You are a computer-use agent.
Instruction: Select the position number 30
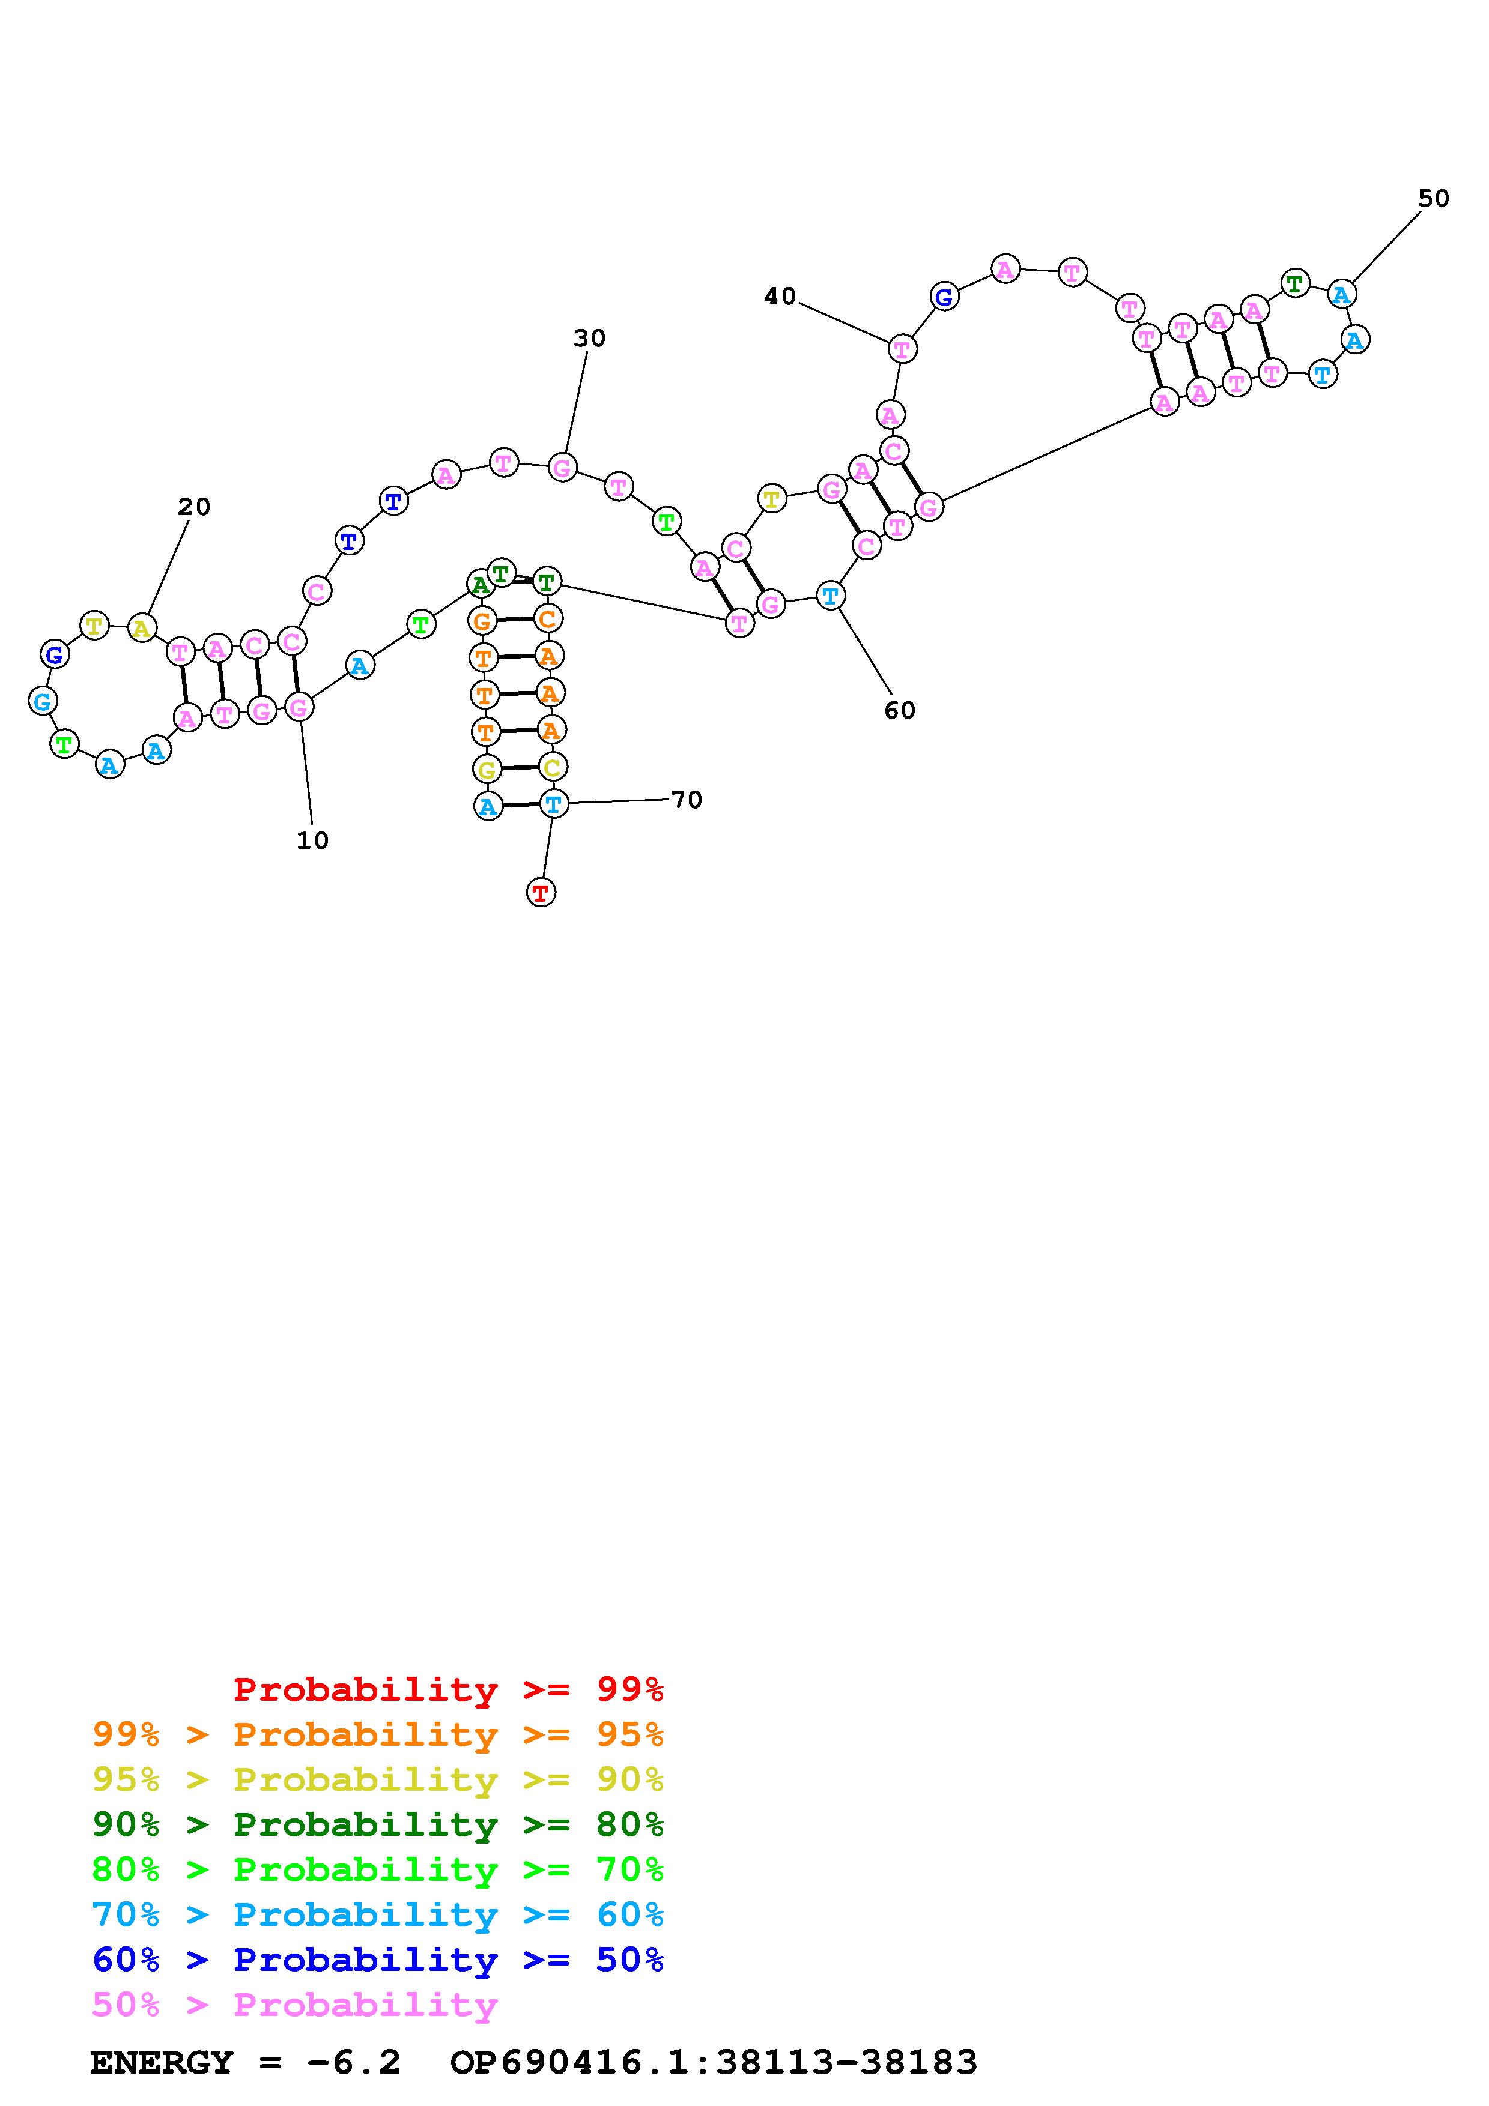point(589,339)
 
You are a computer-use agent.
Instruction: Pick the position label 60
point(899,710)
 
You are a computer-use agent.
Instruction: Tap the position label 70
point(687,800)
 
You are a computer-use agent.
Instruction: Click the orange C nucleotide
point(548,618)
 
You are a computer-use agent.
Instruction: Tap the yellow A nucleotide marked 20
point(141,629)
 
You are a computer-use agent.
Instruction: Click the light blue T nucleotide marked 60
point(830,596)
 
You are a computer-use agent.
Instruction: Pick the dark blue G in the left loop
point(55,655)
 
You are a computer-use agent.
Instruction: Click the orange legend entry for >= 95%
point(378,1734)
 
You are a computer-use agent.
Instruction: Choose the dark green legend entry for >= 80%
point(378,1824)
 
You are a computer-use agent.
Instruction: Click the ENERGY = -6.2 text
point(245,2063)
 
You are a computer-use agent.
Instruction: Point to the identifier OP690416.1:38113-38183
point(714,2063)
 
